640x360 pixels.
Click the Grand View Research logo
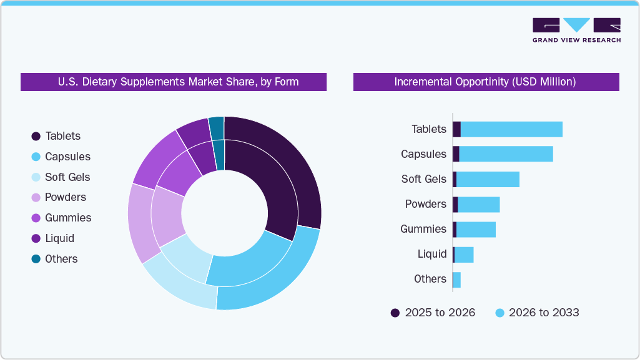tap(576, 30)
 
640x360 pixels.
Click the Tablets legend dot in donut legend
tap(36, 136)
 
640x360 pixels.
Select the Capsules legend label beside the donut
tap(67, 157)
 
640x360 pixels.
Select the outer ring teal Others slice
tap(216, 127)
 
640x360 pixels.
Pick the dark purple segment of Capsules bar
tap(456, 154)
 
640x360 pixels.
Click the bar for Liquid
tap(464, 255)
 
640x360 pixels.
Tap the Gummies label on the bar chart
tap(423, 229)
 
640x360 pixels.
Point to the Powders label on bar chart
tap(425, 204)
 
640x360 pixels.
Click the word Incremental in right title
tap(424, 82)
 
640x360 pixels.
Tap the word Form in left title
tap(286, 82)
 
